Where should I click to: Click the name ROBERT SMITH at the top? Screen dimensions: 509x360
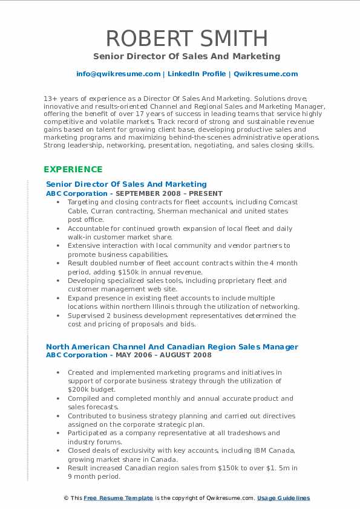[186, 37]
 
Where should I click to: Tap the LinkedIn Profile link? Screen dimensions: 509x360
[189, 74]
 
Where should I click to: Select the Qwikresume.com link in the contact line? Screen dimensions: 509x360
[266, 74]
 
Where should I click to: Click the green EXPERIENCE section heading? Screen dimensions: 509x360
[73, 169]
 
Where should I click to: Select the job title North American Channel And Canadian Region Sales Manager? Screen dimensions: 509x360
[172, 347]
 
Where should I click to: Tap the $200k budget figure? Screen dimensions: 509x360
[78, 390]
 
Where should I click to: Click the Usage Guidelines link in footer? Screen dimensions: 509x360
[283, 498]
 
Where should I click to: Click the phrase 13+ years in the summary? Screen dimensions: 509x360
[57, 98]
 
